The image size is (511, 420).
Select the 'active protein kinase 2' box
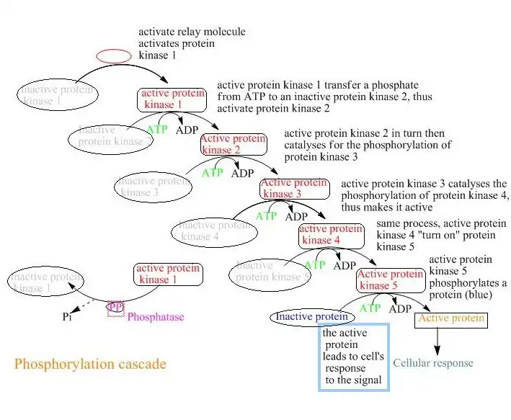coord(233,144)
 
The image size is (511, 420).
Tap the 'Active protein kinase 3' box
coord(294,189)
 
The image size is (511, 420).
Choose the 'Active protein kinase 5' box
coord(389,280)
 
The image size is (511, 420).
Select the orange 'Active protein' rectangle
coord(451,318)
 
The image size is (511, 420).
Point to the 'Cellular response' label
coord(432,363)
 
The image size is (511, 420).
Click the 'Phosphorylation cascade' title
coord(90,364)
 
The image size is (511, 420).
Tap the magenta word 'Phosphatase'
coord(156,317)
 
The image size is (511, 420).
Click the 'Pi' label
coord(67,316)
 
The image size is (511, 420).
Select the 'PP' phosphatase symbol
coord(116,308)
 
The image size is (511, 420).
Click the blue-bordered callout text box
coord(354,357)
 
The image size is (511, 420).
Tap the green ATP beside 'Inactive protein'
coord(370,308)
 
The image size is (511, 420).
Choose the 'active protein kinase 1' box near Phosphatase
coord(168,274)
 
